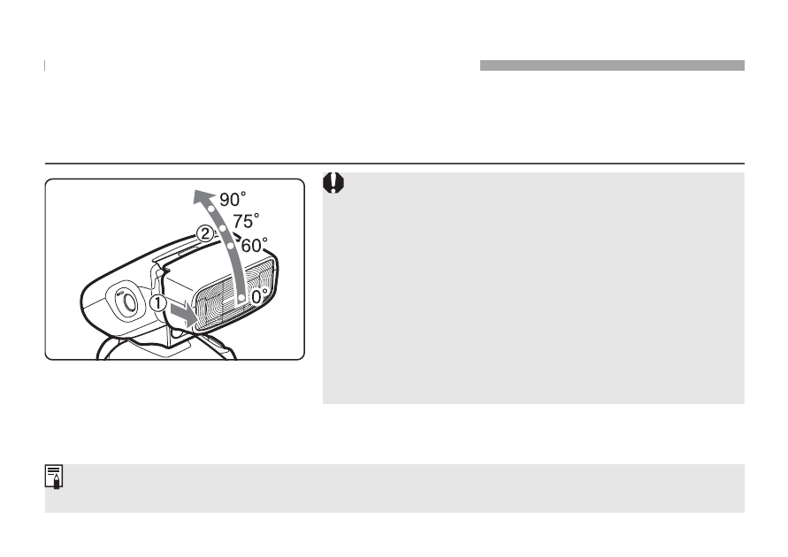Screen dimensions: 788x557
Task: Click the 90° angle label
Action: (233, 199)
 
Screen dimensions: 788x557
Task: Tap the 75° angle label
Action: (246, 220)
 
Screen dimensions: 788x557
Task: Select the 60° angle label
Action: (255, 245)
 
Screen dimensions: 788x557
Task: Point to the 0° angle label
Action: (259, 296)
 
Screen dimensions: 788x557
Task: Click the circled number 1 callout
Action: (158, 303)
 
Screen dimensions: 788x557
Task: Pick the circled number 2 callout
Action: (204, 233)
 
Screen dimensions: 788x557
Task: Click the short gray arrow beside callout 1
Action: (183, 315)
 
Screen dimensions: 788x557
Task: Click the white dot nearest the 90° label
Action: (211, 209)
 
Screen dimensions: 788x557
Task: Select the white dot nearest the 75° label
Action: (223, 228)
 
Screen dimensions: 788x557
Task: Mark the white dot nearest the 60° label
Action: (231, 246)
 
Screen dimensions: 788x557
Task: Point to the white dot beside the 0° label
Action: (241, 298)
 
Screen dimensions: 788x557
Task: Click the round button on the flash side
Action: (128, 301)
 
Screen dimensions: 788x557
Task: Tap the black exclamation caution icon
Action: (333, 183)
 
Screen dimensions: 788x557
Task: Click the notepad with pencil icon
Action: (54, 477)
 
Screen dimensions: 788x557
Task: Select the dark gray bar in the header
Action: (612, 65)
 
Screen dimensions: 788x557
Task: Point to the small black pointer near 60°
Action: (238, 235)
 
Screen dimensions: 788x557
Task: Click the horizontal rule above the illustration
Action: (394, 164)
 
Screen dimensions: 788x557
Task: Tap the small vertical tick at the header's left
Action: (45, 65)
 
